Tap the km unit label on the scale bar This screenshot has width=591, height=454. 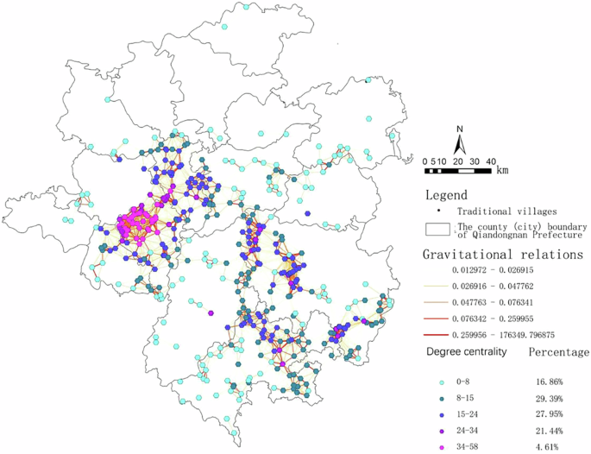(502, 170)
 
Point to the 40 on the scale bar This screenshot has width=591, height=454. (490, 161)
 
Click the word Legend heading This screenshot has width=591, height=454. (446, 195)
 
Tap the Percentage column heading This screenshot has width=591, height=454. (557, 353)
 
